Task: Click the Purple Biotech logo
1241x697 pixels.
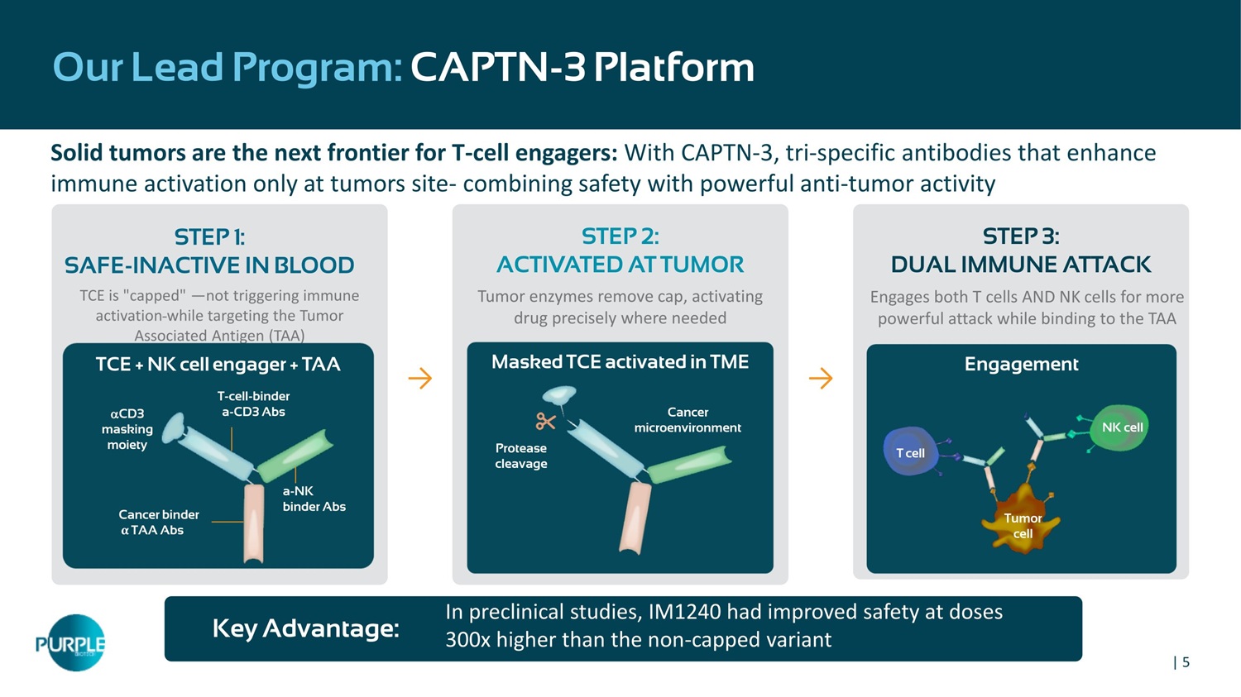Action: click(71, 642)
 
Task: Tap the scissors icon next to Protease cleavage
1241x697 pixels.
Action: click(545, 422)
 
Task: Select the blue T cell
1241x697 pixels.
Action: click(910, 451)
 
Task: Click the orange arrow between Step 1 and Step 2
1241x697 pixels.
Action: click(420, 378)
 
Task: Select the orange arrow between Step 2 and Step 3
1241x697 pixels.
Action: click(821, 378)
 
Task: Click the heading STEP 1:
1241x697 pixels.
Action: click(209, 237)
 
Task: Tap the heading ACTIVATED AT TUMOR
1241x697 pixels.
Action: click(620, 265)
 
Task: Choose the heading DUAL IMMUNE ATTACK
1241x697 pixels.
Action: click(1020, 265)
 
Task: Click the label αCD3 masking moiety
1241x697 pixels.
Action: click(127, 429)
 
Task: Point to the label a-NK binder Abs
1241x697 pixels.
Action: click(314, 499)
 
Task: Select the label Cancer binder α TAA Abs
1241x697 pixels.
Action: click(159, 522)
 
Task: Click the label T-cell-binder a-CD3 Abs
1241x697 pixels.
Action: click(253, 403)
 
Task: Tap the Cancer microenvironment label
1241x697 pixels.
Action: click(688, 420)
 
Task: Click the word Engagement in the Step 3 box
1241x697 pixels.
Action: click(1021, 364)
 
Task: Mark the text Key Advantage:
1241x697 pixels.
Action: click(306, 628)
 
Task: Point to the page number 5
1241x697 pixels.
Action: click(1186, 662)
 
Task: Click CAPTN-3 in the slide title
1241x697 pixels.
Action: click(497, 68)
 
